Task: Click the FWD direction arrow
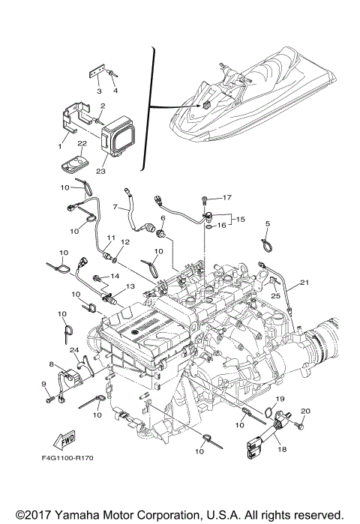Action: click(64, 441)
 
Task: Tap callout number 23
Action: click(100, 171)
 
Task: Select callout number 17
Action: click(226, 197)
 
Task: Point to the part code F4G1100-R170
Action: click(67, 458)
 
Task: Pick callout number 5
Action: click(268, 223)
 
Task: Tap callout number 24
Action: click(74, 350)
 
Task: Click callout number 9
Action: click(43, 385)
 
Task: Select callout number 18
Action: click(282, 449)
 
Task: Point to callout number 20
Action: click(305, 411)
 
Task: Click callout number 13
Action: click(130, 286)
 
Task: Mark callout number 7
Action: click(115, 207)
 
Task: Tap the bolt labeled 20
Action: click(299, 425)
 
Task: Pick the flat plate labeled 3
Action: click(96, 73)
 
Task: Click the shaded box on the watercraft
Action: click(206, 105)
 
